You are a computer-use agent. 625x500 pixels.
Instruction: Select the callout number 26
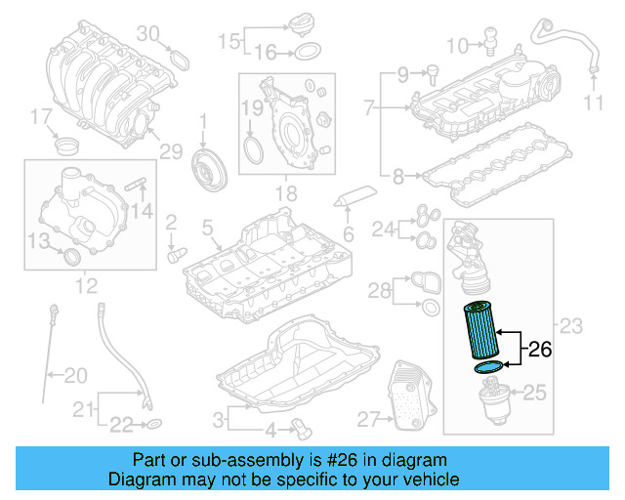[x=541, y=348]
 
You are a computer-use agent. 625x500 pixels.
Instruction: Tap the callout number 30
[x=146, y=34]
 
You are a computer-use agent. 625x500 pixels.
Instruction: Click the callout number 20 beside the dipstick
[x=75, y=374]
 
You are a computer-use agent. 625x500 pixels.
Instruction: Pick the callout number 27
[x=367, y=419]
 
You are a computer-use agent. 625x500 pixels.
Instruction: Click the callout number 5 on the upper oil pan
[x=207, y=229]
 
